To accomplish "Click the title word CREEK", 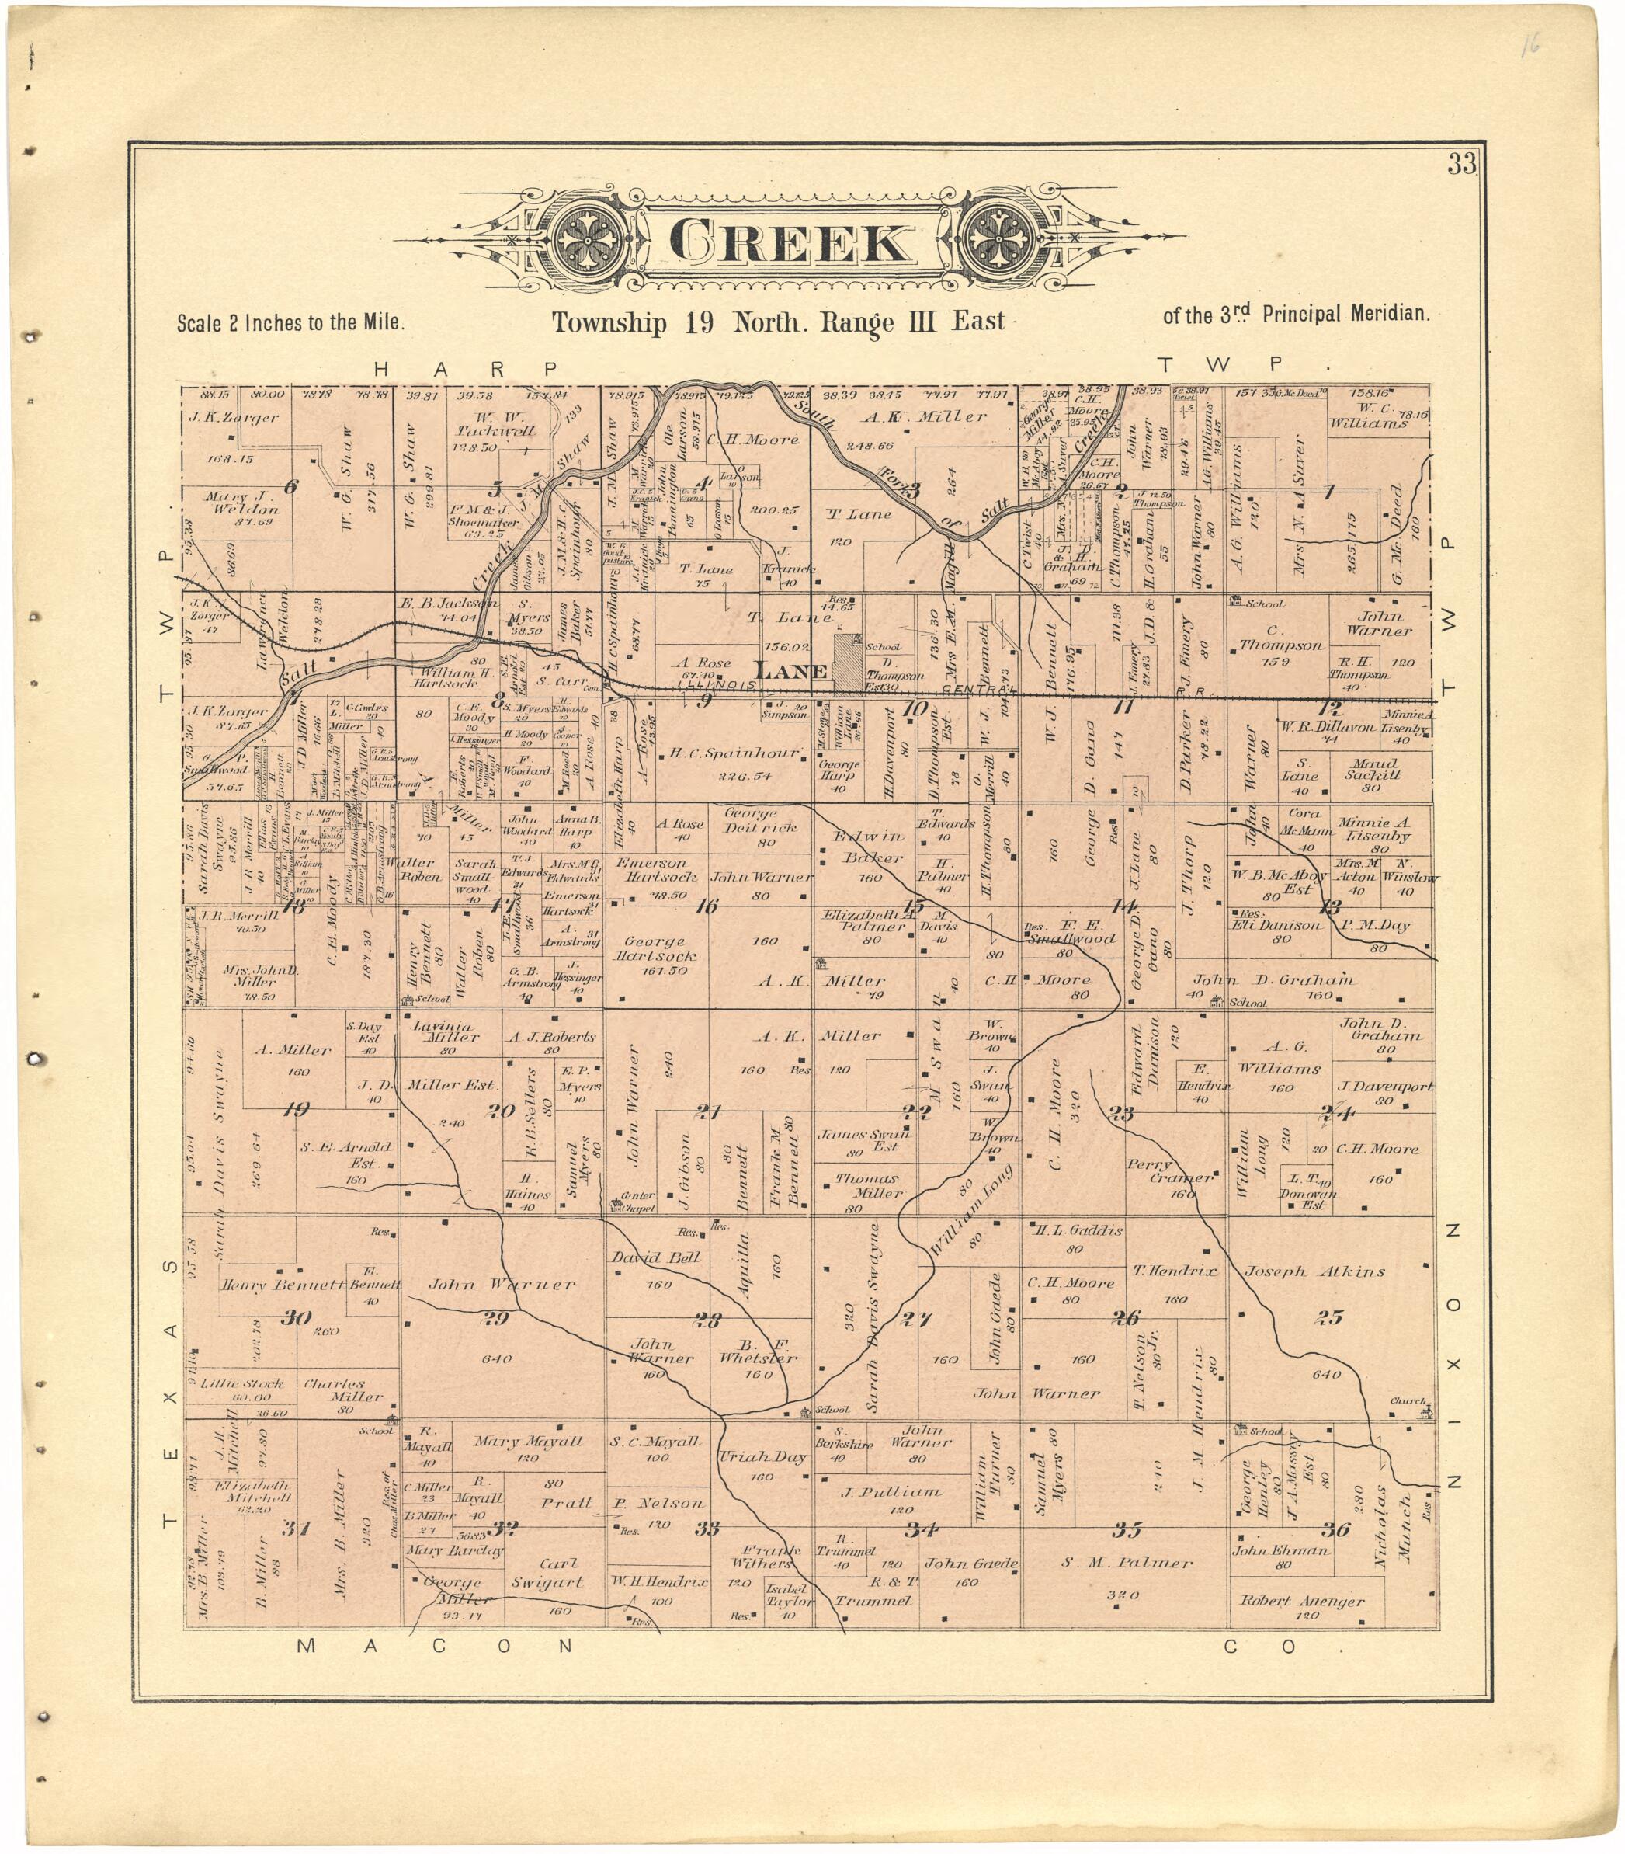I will coord(789,242).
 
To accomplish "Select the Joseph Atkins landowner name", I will coord(1314,1271).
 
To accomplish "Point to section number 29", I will coord(496,1319).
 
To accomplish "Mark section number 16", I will coord(707,905).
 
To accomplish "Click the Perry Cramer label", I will coord(1170,1171).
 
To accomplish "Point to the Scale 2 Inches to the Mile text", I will coord(290,322).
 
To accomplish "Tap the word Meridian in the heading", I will coord(1389,315).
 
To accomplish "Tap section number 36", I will coord(1335,1530).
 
